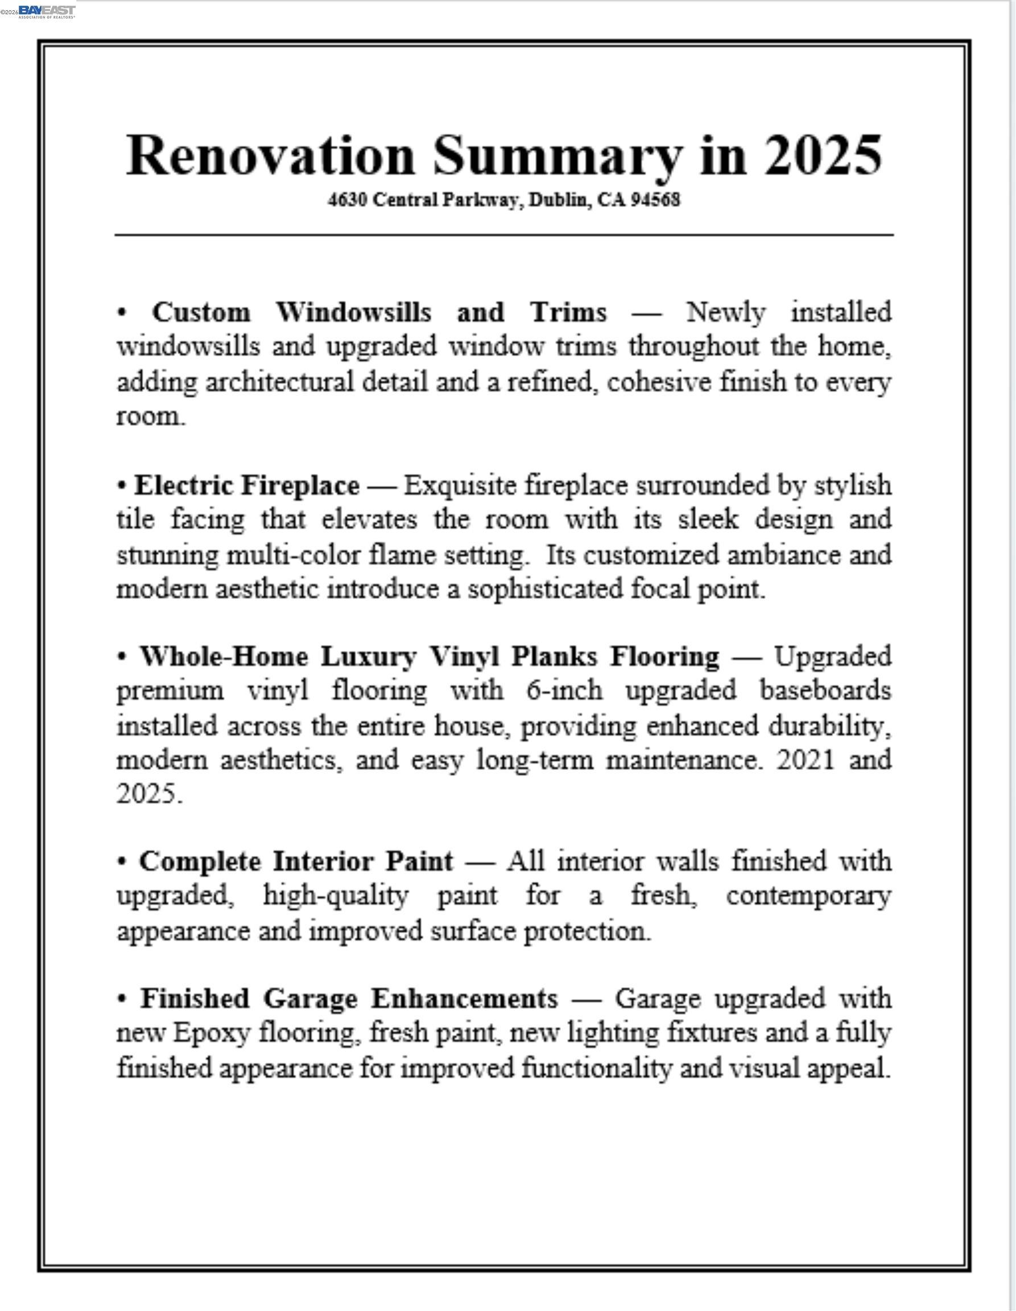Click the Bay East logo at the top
47,11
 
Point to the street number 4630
348,200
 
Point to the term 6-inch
565,690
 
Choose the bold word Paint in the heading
419,861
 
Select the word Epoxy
210,1033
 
